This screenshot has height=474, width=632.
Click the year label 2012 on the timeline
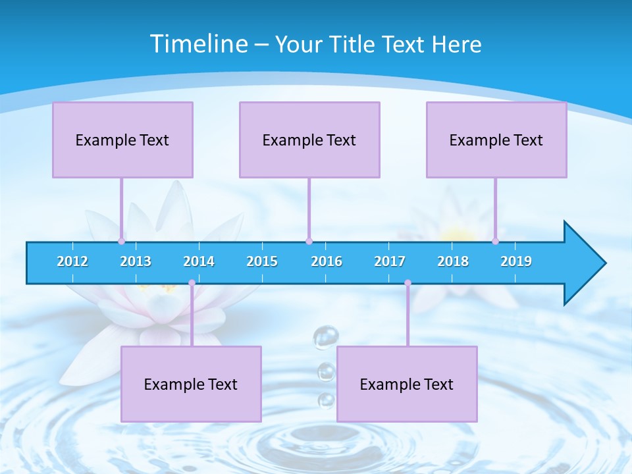click(x=72, y=261)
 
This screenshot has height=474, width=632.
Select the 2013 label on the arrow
click(x=136, y=261)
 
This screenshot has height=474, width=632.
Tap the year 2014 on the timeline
click(x=199, y=261)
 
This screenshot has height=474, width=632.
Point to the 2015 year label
click(x=262, y=261)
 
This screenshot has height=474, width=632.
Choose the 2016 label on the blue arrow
click(x=327, y=261)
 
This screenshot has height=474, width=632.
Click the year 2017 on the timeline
click(x=390, y=261)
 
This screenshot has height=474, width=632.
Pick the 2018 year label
click(x=453, y=261)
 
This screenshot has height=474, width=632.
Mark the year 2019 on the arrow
click(x=516, y=261)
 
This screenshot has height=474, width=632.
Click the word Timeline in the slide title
click(x=197, y=44)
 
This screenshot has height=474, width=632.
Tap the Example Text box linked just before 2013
click(x=122, y=140)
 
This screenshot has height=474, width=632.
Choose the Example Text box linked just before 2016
click(x=309, y=140)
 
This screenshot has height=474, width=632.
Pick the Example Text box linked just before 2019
click(x=496, y=140)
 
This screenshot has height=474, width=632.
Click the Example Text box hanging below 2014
click(x=191, y=384)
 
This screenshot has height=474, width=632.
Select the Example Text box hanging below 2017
click(x=407, y=384)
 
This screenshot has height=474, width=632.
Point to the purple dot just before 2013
click(x=122, y=241)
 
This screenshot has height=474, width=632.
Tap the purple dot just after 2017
click(x=408, y=282)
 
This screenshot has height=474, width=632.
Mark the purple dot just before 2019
click(x=496, y=241)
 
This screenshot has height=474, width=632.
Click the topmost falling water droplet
click(x=326, y=338)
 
